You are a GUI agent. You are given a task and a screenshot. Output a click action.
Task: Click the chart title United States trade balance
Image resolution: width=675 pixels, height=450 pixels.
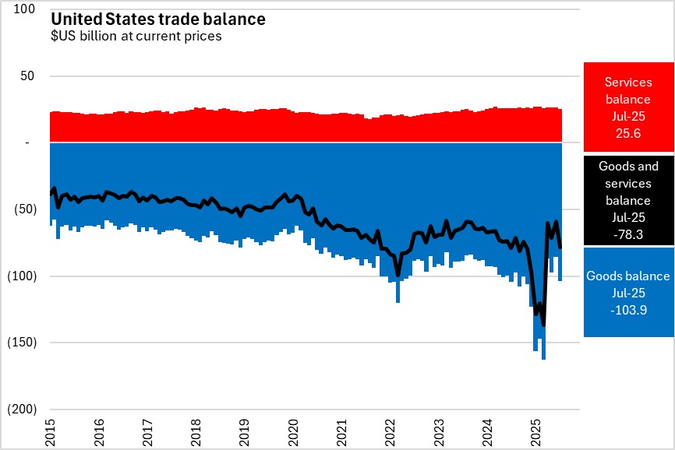(158, 19)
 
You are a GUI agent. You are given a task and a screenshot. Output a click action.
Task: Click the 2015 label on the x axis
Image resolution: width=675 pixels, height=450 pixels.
(51, 431)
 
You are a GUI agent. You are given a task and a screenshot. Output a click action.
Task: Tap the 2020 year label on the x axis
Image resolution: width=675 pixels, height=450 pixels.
(294, 431)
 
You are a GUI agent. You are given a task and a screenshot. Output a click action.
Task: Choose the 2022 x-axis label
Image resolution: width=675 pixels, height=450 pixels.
(391, 431)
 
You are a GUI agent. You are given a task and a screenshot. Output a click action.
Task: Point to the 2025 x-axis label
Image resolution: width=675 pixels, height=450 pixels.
(536, 431)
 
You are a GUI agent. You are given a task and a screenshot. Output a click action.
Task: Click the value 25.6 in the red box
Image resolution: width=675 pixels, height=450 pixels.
(628, 134)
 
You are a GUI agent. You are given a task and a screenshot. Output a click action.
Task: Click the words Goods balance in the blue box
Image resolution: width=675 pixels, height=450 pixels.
(628, 276)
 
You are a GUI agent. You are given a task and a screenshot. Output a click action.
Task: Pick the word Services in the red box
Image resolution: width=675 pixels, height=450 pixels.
(628, 82)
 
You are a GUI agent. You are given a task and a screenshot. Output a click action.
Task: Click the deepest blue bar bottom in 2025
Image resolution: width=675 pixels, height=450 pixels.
(543, 359)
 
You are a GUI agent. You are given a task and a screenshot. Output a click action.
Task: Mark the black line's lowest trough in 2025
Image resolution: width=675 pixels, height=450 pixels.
(543, 325)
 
